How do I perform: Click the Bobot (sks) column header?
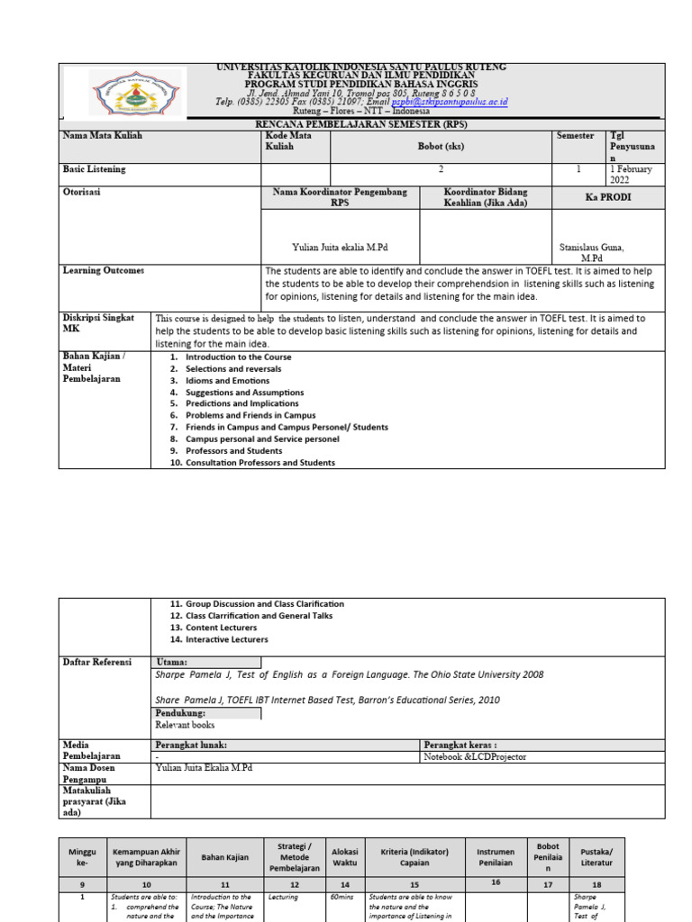(442, 146)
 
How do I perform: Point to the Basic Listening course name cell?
(95, 169)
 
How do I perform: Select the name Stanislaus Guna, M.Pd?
(591, 252)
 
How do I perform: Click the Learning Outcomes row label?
(103, 271)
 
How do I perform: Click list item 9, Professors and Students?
(233, 451)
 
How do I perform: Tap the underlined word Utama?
(171, 663)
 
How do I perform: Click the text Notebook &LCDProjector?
(475, 757)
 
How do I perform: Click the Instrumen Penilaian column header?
(496, 856)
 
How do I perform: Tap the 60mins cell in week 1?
(341, 898)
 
